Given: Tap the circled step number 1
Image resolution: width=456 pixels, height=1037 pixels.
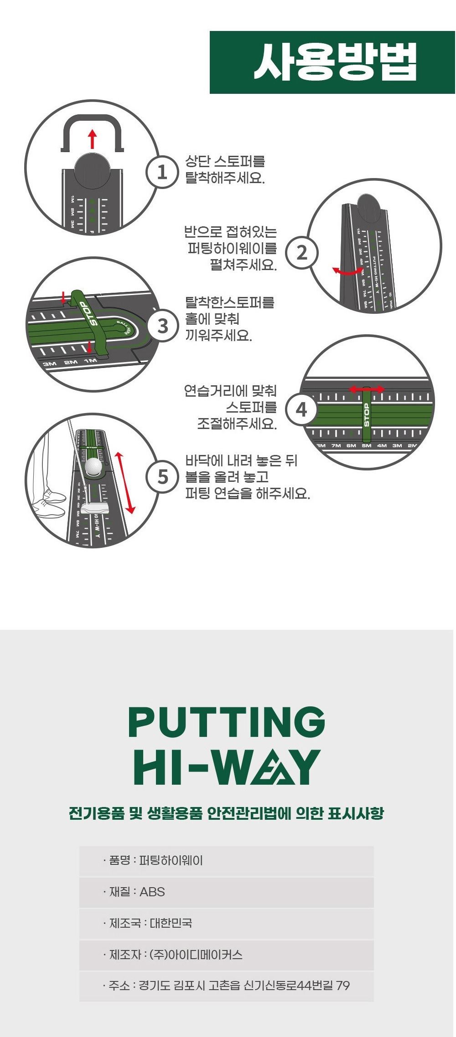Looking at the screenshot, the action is point(161,173).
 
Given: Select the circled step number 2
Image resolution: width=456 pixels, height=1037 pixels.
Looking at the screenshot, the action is point(302,252).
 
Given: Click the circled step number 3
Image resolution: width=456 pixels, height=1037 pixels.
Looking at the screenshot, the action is point(163,326).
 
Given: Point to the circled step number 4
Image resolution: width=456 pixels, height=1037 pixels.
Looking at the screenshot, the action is point(301,409).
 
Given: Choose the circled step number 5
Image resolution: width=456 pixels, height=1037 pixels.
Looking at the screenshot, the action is point(162,477).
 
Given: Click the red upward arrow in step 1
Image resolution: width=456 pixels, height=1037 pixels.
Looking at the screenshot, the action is point(93,139).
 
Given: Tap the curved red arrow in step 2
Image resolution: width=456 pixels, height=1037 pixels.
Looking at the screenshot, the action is point(347,271).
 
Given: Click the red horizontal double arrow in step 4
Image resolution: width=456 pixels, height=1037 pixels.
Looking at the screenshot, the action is point(367,389).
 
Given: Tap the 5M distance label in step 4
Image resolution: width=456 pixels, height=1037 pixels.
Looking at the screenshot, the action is point(367,445).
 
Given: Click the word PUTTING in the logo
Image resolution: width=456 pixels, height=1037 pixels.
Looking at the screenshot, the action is point(227,722).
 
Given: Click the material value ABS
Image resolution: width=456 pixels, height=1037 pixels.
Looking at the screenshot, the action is point(152,892).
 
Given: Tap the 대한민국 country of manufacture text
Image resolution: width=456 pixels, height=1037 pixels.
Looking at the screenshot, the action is point(171,923).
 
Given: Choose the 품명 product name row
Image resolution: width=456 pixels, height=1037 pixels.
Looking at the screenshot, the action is point(226,860).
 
